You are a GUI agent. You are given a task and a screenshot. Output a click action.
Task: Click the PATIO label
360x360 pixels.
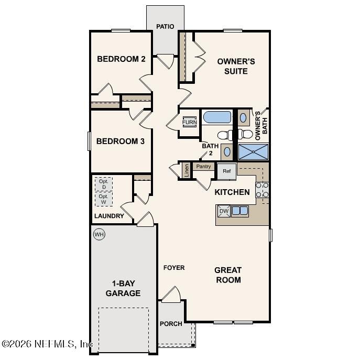click(x=165, y=27)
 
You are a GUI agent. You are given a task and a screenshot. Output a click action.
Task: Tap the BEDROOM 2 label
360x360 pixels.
click(x=121, y=59)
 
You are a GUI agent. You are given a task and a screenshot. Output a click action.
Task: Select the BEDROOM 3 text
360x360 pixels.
click(x=116, y=141)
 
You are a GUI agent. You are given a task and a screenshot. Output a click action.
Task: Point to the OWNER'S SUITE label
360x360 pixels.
click(x=236, y=66)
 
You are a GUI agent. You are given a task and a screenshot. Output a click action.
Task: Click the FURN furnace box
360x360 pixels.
click(x=189, y=123)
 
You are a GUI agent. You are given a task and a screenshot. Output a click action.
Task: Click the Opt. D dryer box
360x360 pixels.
click(x=104, y=184)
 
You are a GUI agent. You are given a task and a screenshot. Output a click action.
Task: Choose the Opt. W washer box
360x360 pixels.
click(x=104, y=199)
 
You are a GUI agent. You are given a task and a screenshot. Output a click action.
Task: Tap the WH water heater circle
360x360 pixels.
click(x=99, y=234)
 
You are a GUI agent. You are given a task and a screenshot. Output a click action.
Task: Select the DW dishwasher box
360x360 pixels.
click(x=224, y=211)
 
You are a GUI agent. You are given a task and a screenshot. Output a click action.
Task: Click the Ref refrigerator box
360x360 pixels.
click(x=227, y=171)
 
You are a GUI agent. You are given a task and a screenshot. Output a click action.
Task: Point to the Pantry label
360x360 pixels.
click(x=203, y=167)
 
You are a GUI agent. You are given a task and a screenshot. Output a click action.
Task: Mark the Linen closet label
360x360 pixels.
click(x=186, y=170)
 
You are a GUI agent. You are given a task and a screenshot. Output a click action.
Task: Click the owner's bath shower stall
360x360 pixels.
click(x=253, y=152)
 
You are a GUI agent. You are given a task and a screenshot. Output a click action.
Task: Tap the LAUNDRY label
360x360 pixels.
click(x=109, y=216)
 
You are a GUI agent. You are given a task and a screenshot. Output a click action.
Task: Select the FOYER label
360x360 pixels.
click(x=174, y=268)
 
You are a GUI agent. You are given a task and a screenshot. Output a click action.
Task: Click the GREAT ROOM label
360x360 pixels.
click(x=228, y=275)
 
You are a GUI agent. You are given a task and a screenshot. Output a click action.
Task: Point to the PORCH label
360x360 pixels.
click(x=171, y=324)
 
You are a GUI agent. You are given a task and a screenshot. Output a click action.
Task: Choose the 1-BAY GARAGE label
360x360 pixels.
click(x=123, y=288)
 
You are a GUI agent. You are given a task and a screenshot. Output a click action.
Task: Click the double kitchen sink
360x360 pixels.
click(x=240, y=211)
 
